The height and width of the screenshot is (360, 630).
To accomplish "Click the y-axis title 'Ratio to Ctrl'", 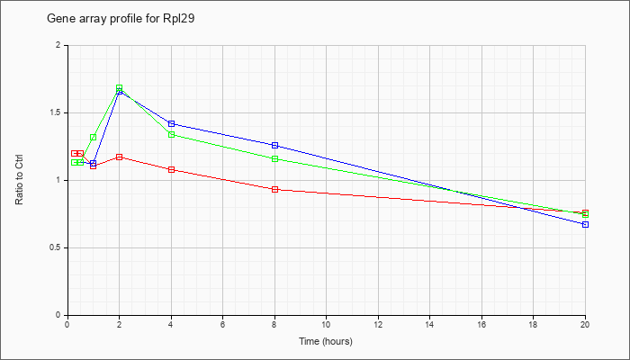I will pyautogui.click(x=20, y=180).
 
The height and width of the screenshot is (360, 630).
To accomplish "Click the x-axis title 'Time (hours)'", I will pyautogui.click(x=326, y=341).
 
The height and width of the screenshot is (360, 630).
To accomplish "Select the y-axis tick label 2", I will pyautogui.click(x=58, y=45).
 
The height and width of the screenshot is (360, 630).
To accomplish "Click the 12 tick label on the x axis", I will pyautogui.click(x=378, y=325).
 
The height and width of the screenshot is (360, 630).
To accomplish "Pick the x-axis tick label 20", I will pyautogui.click(x=585, y=325).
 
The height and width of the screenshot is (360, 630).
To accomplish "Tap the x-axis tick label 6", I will pyautogui.click(x=222, y=325).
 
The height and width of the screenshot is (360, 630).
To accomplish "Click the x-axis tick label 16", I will pyautogui.click(x=481, y=325).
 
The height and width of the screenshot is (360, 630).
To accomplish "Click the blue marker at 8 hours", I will pyautogui.click(x=274, y=145).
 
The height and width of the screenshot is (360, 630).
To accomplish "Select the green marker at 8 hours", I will pyautogui.click(x=274, y=158).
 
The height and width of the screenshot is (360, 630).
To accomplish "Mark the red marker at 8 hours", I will pyautogui.click(x=274, y=189).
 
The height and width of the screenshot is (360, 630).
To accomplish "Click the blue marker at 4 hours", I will pyautogui.click(x=171, y=123).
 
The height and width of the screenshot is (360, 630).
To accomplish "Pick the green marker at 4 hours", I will pyautogui.click(x=171, y=134).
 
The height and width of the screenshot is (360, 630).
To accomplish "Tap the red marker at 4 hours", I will pyautogui.click(x=171, y=169).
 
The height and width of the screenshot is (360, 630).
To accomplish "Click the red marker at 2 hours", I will pyautogui.click(x=119, y=157).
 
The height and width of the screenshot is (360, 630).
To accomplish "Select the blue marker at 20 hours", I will pyautogui.click(x=585, y=224).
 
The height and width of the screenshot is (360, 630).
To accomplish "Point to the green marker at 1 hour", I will pyautogui.click(x=93, y=137).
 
